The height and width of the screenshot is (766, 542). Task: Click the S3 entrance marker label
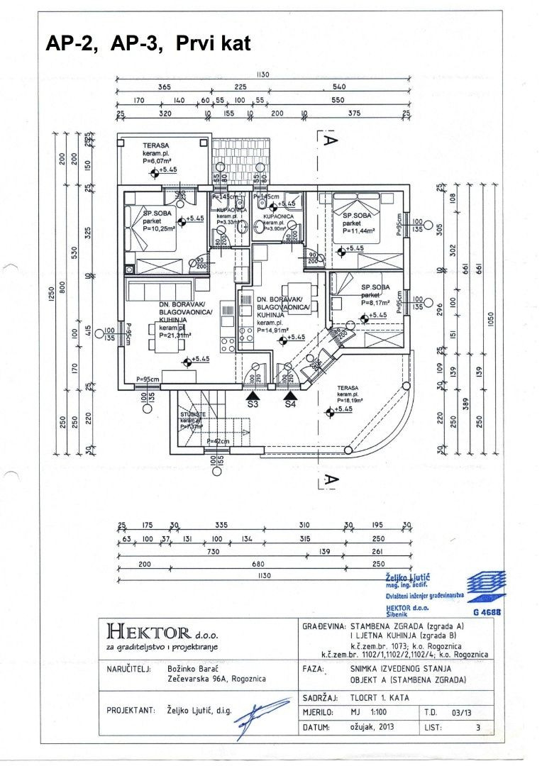click(x=253, y=405)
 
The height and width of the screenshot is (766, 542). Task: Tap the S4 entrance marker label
click(x=290, y=405)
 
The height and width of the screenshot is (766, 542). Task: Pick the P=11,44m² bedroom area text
click(x=362, y=231)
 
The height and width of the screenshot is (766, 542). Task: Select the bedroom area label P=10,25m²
click(x=159, y=228)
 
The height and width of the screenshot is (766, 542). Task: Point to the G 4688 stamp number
click(x=486, y=611)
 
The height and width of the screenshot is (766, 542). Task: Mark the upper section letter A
click(x=329, y=140)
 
